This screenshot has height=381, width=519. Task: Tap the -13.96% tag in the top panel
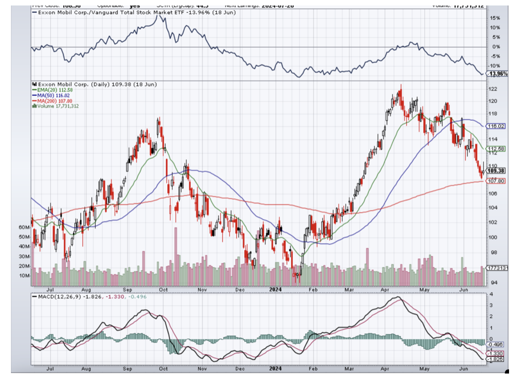click(x=498, y=74)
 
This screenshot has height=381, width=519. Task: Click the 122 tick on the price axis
click(x=494, y=89)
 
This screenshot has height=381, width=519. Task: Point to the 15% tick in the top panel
click(x=495, y=17)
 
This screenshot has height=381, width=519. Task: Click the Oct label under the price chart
click(x=163, y=289)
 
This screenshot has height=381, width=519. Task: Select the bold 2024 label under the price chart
click(x=275, y=289)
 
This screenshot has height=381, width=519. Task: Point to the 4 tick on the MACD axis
click(x=491, y=294)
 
